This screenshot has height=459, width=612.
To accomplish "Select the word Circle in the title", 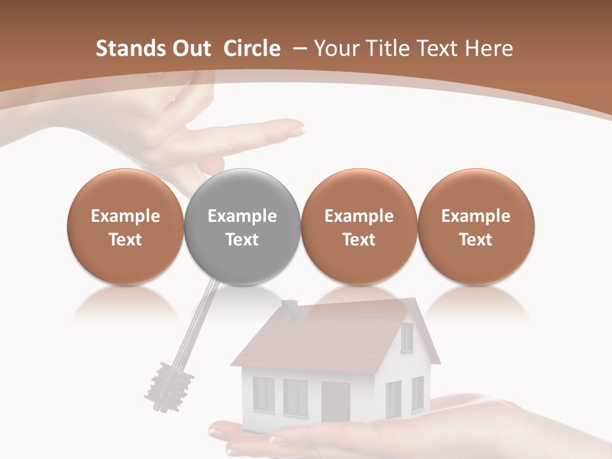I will [252, 48].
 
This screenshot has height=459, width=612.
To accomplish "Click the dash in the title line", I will [297, 48].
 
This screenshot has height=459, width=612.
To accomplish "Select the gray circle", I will [242, 226].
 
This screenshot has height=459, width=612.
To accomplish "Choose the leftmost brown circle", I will [126, 226].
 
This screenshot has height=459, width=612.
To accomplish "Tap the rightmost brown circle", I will [476, 226].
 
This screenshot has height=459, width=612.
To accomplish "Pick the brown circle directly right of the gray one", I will [359, 226].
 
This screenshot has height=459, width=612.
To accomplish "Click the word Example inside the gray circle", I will [242, 216].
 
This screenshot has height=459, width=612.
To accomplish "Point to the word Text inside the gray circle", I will [242, 240].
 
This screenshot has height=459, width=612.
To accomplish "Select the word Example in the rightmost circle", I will [476, 216].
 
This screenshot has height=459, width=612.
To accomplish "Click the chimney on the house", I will [289, 310].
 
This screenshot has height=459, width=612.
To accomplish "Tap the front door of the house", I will [335, 402].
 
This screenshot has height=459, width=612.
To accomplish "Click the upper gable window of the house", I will [407, 335].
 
